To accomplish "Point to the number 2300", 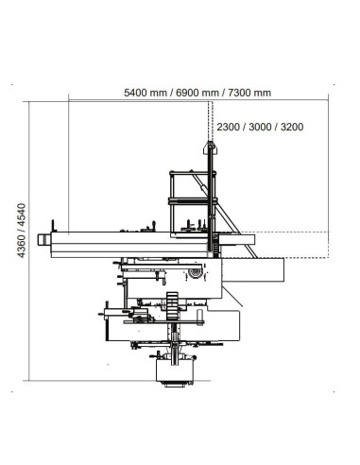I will click(230, 126).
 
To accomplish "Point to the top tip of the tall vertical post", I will click(208, 145).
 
